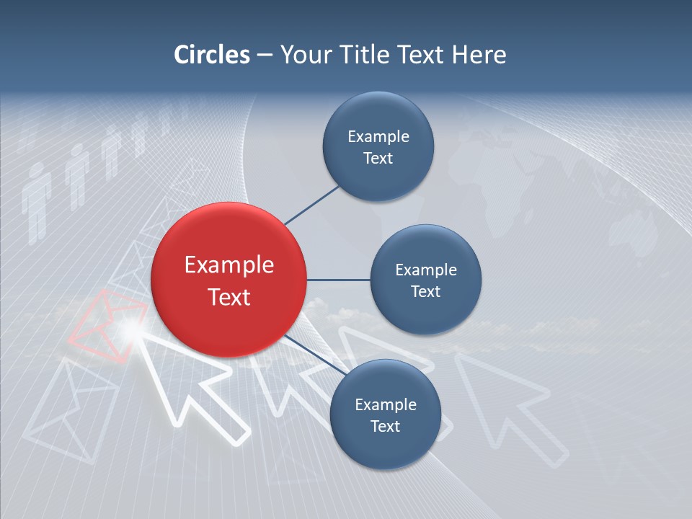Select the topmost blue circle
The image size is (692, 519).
point(378,146)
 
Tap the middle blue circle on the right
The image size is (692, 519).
point(425,280)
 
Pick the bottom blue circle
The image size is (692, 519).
point(385,414)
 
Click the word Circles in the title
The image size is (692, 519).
point(211,55)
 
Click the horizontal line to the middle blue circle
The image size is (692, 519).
point(338,280)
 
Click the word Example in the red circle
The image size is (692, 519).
point(229,265)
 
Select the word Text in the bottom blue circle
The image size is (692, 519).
point(385,426)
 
